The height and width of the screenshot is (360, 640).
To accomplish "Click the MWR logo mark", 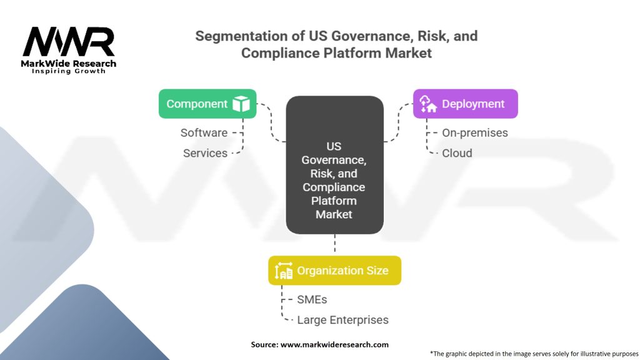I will click(69, 42).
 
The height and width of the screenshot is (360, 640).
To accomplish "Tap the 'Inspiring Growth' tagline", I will click(69, 71).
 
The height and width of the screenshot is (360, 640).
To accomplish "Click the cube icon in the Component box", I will click(241, 104).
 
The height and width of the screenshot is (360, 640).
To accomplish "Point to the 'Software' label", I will click(204, 132).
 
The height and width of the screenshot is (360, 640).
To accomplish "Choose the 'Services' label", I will click(205, 153).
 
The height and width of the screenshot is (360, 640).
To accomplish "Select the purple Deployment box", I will click(465, 104).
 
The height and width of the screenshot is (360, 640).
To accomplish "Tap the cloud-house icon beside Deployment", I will click(427, 104).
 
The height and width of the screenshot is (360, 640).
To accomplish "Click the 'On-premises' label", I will click(474, 132).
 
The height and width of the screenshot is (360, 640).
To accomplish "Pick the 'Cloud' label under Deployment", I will click(457, 153).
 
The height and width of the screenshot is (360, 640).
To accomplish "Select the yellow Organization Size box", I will click(334, 271).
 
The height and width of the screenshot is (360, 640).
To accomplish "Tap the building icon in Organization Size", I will click(284, 271).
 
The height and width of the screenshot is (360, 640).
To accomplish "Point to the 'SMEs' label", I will click(312, 299).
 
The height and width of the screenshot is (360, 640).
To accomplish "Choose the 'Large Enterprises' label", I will click(342, 320).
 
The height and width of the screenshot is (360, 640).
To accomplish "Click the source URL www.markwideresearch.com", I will click(334, 344).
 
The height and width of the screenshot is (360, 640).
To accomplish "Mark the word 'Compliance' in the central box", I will click(334, 187).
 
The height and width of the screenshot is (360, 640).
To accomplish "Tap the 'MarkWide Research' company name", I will click(69, 63).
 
